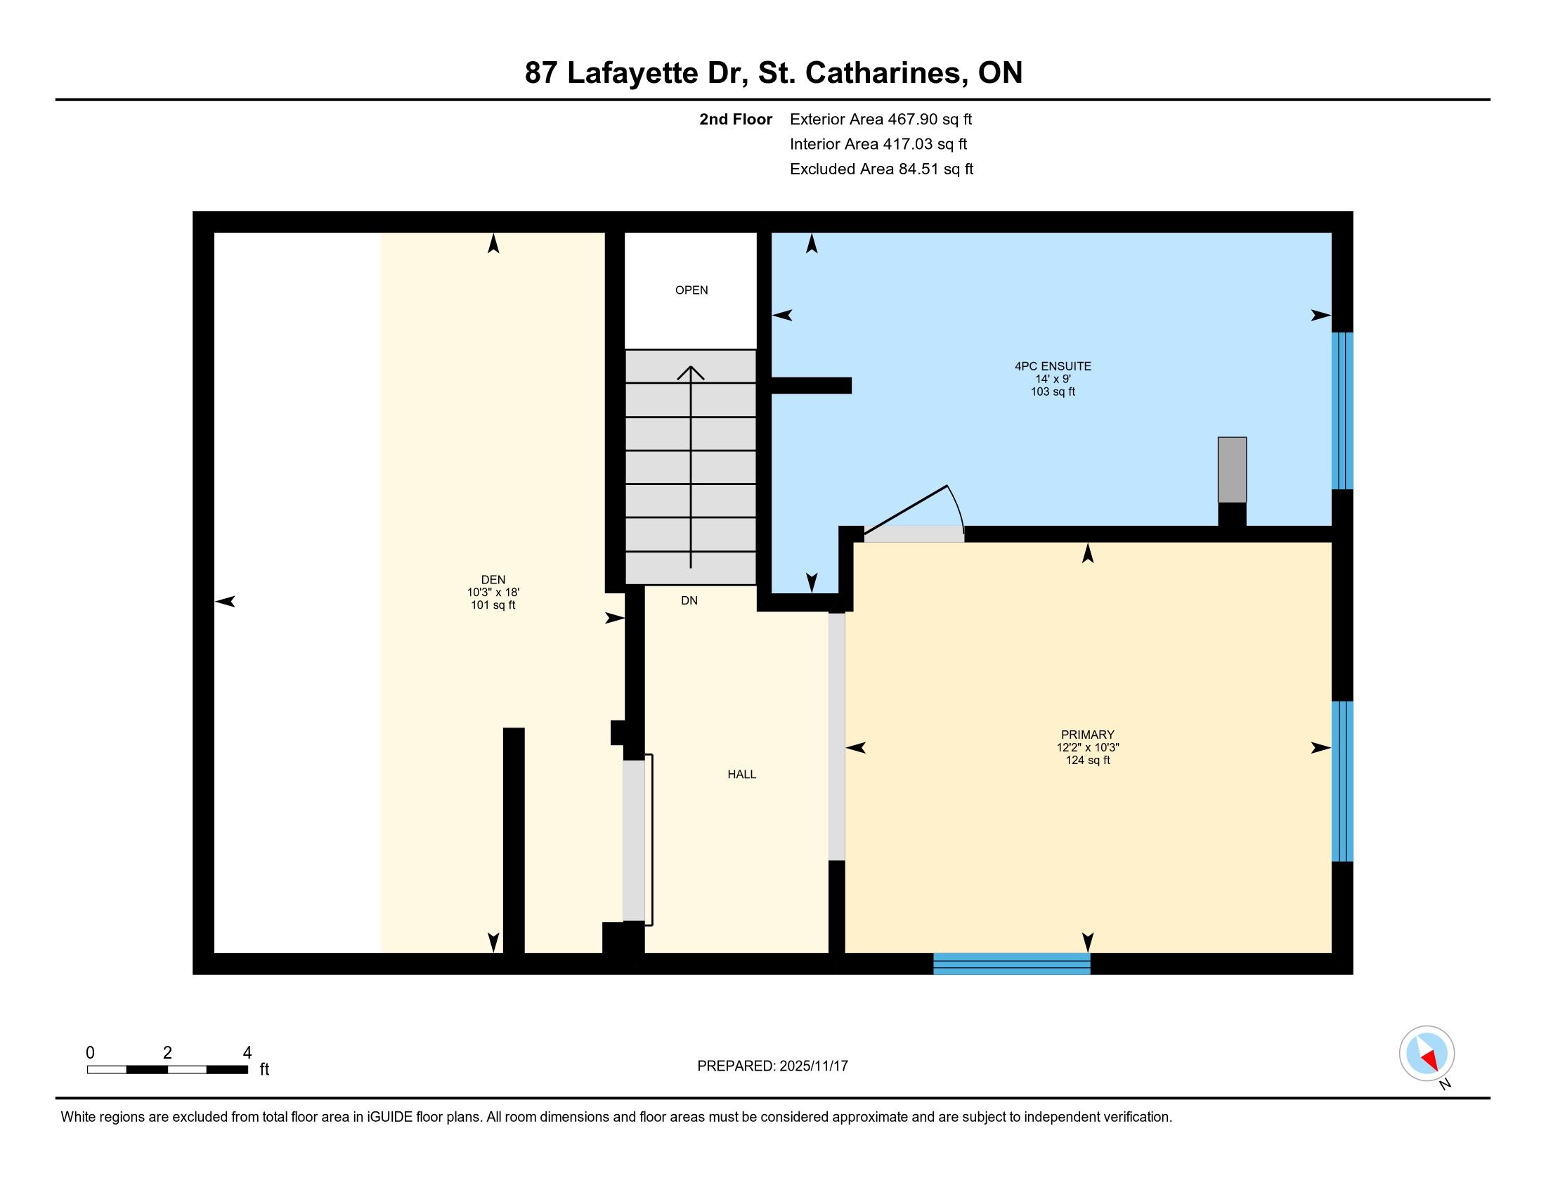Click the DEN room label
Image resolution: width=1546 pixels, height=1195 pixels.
(493, 579)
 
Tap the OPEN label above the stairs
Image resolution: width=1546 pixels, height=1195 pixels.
(691, 290)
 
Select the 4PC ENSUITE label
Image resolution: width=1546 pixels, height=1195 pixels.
(1053, 366)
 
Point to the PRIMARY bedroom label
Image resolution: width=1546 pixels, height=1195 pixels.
(1087, 734)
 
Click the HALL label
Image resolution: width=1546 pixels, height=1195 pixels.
(742, 774)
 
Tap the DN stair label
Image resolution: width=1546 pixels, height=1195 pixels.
(689, 600)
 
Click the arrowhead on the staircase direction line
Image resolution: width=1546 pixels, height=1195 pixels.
(691, 373)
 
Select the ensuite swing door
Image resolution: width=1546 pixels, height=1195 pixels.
(914, 513)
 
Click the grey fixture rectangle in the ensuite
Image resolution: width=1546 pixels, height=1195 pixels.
(1232, 470)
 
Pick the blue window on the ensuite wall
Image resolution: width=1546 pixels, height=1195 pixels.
(1342, 411)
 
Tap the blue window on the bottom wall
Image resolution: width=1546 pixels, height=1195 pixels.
(1011, 964)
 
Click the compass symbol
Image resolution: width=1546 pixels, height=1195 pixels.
(1427, 1053)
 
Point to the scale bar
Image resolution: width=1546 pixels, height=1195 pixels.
(168, 1069)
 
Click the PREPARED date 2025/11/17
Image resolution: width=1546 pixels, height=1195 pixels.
(813, 1066)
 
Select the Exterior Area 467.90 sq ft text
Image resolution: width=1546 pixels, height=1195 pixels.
(881, 119)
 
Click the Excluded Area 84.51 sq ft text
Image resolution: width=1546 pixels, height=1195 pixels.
(881, 169)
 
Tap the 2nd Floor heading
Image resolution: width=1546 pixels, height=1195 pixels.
(736, 119)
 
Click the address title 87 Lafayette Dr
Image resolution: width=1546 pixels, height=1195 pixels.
(637, 73)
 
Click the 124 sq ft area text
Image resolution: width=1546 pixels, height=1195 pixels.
(1087, 760)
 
